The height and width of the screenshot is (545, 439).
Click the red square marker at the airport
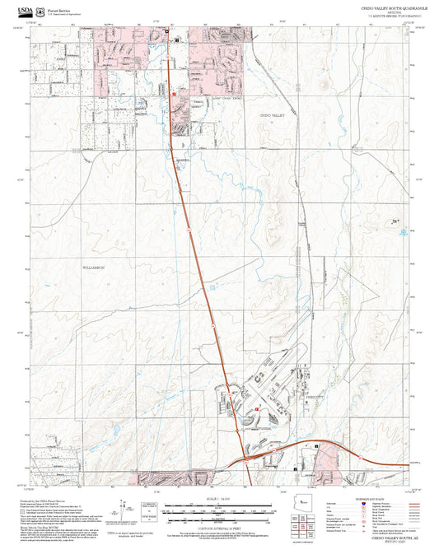(258, 408)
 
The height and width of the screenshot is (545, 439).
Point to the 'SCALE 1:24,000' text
(218, 500)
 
